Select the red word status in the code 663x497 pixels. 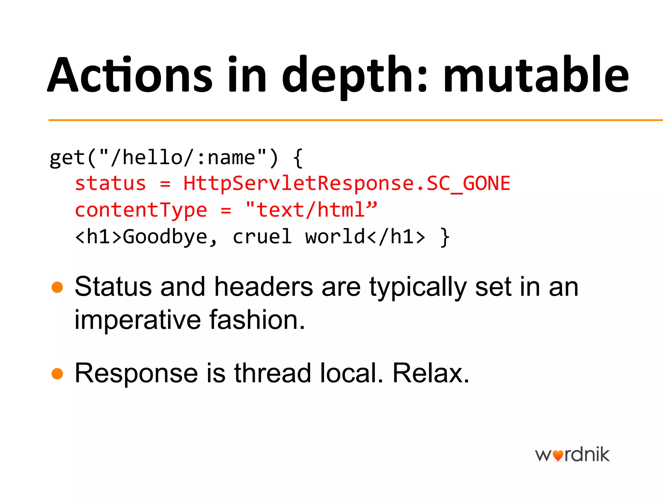point(110,183)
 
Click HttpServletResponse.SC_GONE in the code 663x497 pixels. point(347,183)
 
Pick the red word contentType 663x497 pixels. point(141,210)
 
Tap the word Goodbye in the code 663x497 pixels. point(165,237)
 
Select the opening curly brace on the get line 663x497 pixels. point(298,158)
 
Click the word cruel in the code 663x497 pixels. point(262,237)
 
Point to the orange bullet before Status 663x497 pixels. point(57,287)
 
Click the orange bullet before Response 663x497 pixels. point(57,373)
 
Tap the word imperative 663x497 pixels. point(138,320)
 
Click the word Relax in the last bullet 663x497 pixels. point(431,373)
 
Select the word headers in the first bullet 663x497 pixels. point(264,287)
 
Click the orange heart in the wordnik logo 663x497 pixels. point(558,456)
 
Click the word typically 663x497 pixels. point(418,288)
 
